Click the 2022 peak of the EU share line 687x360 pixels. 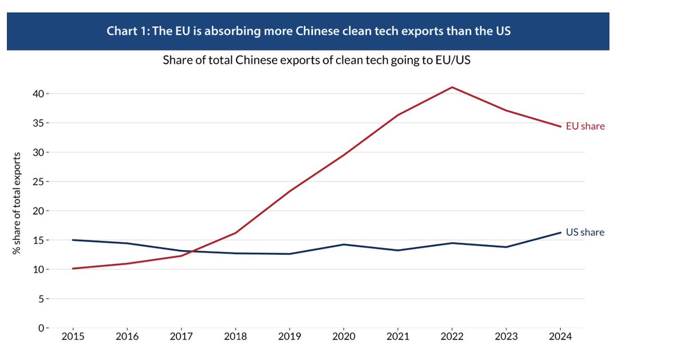pyautogui.click(x=452, y=87)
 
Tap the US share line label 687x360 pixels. pyautogui.click(x=585, y=232)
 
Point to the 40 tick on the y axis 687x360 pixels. pyautogui.click(x=38, y=93)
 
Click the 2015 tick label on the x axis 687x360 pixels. pyautogui.click(x=73, y=337)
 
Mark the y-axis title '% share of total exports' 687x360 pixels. pyautogui.click(x=19, y=211)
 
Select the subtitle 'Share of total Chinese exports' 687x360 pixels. pyautogui.click(x=229, y=60)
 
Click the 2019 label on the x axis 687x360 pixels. pyautogui.click(x=290, y=337)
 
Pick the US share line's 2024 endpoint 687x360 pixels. pyautogui.click(x=560, y=232)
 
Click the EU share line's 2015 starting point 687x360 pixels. pyautogui.click(x=73, y=268)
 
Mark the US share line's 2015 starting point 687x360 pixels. pyautogui.click(x=73, y=240)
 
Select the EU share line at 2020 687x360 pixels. pyautogui.click(x=344, y=155)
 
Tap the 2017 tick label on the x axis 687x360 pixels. pyautogui.click(x=181, y=337)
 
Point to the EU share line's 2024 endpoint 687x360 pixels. pyautogui.click(x=560, y=126)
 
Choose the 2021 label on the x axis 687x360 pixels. pyautogui.click(x=398, y=337)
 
